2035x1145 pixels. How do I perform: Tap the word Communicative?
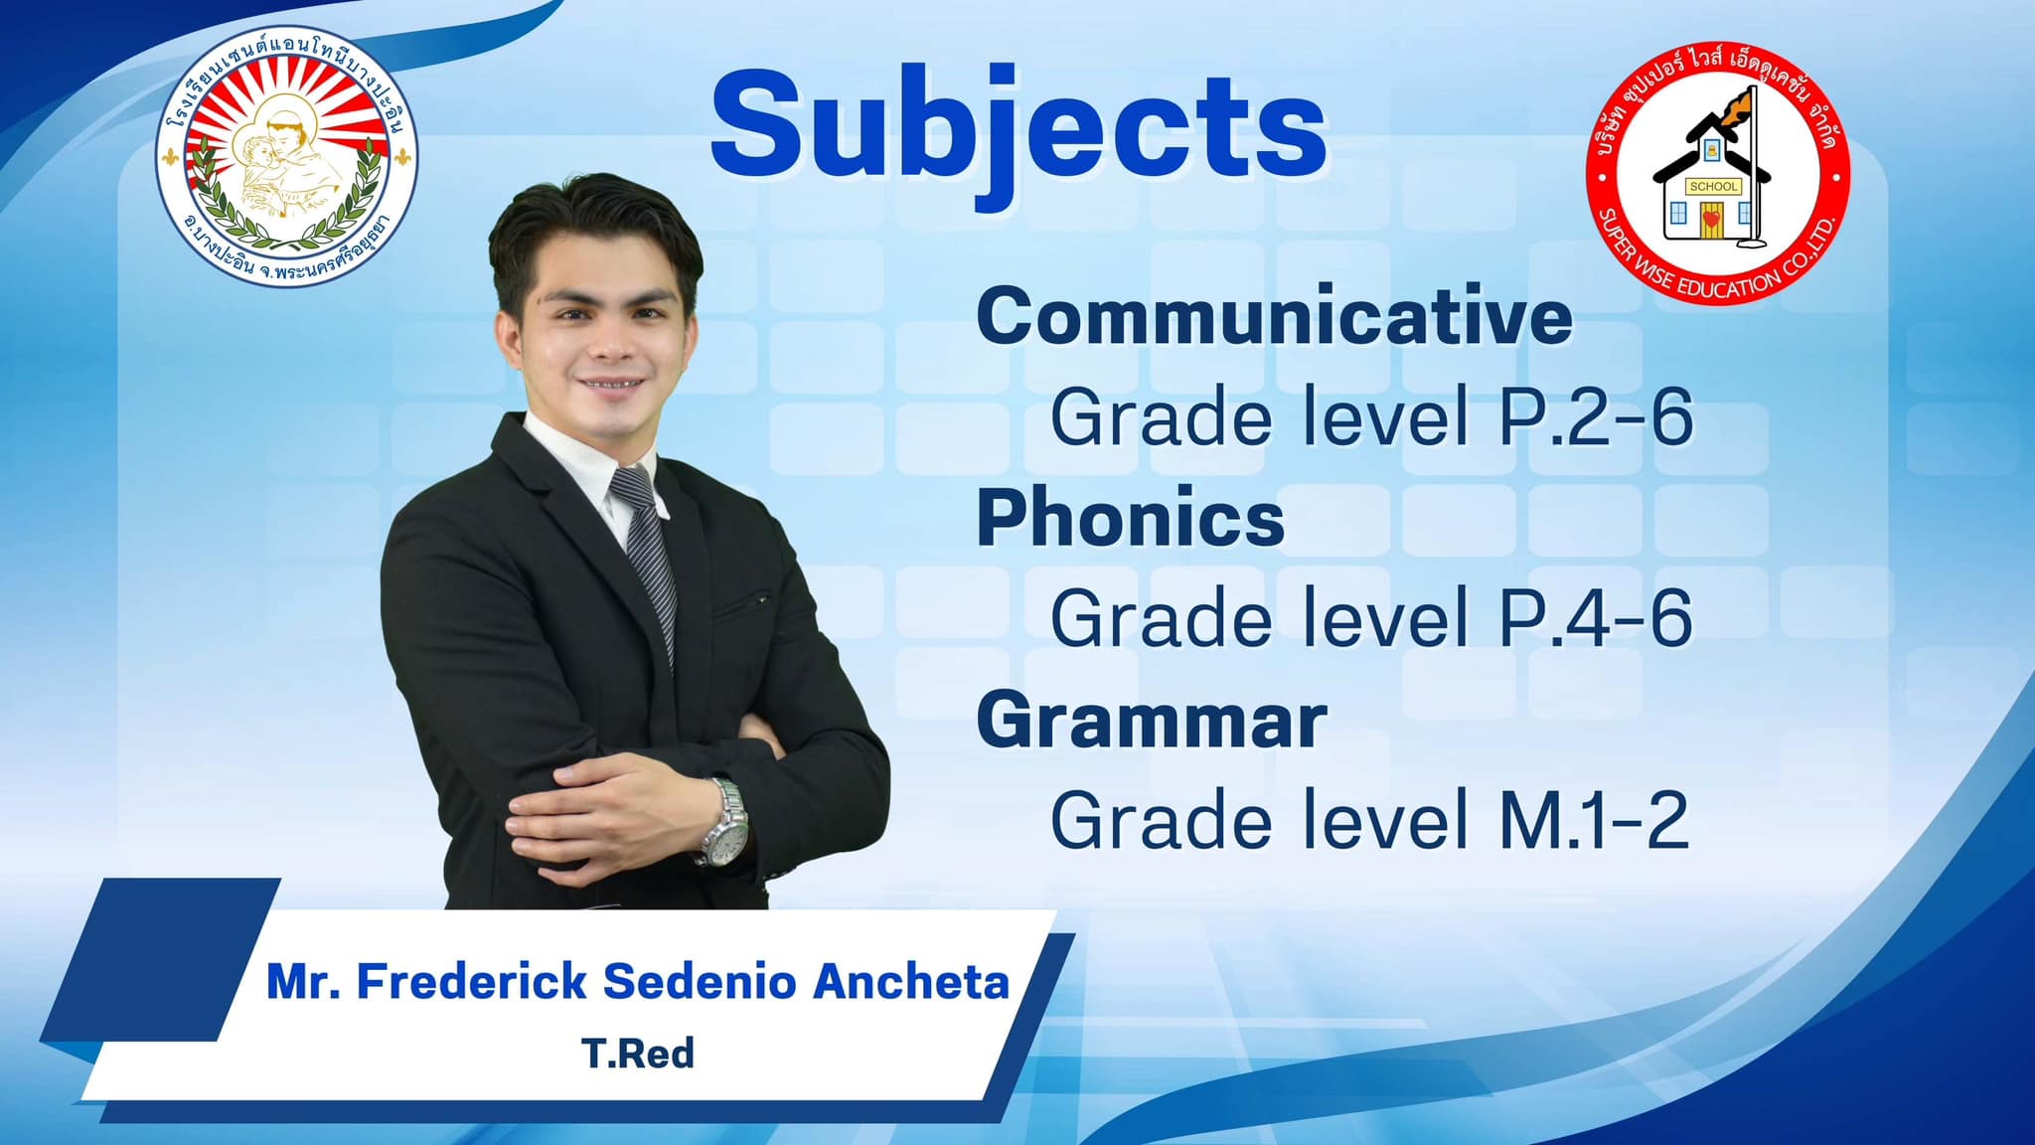coord(1275,316)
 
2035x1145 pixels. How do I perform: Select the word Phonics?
coord(1131,519)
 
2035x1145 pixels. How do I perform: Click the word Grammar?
coord(1152,721)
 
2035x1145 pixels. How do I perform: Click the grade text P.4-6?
coord(1595,619)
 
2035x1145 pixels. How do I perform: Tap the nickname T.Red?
coord(637,1053)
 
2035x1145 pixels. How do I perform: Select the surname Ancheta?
coord(911,982)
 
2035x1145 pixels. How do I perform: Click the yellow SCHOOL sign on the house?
coord(1714,186)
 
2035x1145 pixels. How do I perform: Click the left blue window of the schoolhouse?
coord(1676,213)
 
